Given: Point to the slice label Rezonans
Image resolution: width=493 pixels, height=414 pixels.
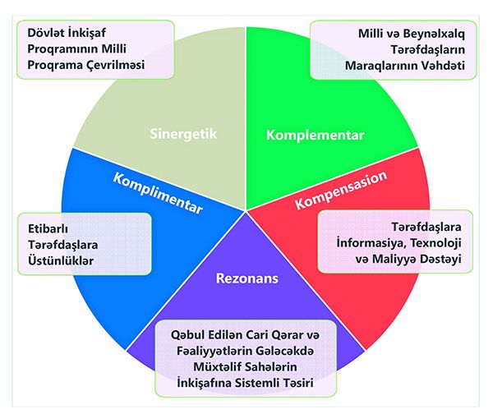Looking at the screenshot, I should pyautogui.click(x=247, y=278).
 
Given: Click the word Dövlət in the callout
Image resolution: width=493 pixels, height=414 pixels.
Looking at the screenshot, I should pyautogui.click(x=39, y=34).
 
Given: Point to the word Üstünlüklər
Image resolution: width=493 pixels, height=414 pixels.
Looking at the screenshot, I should pyautogui.click(x=61, y=260).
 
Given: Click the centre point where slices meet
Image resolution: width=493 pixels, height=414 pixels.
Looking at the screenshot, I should pyautogui.click(x=246, y=211).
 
